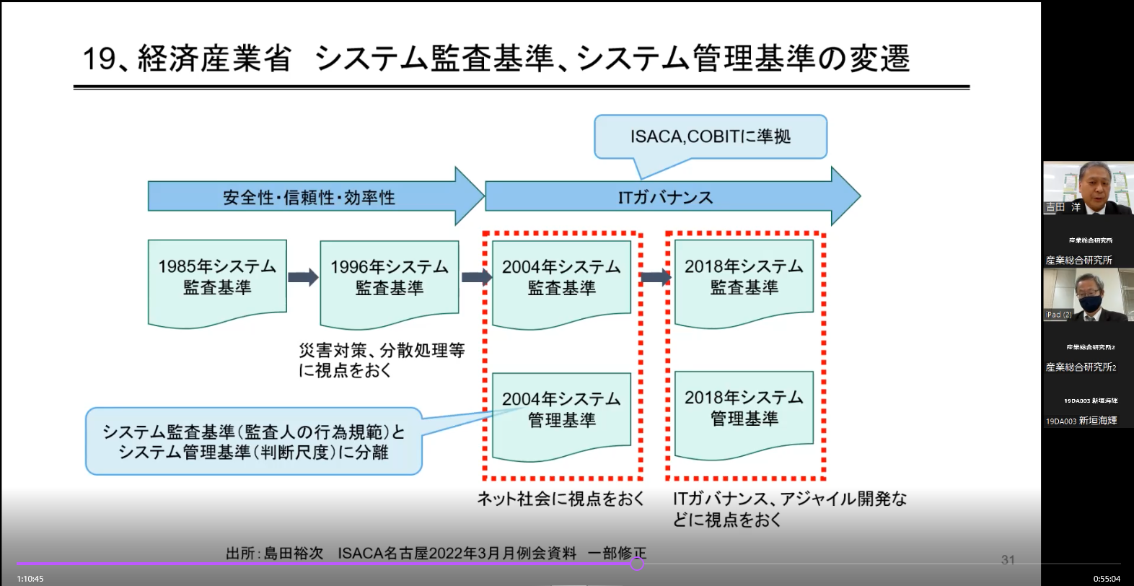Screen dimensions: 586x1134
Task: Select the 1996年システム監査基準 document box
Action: (x=390, y=281)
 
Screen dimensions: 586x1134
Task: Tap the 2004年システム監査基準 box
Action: (x=561, y=281)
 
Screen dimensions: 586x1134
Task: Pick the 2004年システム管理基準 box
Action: (x=561, y=412)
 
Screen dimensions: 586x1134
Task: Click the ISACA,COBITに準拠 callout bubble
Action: (x=711, y=136)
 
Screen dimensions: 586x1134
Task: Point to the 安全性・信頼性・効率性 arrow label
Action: (x=309, y=197)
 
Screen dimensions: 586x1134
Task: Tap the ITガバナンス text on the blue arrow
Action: (x=665, y=197)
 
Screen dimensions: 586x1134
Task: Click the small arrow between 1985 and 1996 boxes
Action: (x=303, y=277)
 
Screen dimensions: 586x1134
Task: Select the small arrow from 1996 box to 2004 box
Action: (x=476, y=277)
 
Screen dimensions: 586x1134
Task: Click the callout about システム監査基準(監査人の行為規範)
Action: (x=253, y=442)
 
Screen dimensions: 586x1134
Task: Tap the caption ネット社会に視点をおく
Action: (x=561, y=499)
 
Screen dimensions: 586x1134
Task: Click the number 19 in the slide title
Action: (x=99, y=58)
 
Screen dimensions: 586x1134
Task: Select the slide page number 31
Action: (x=1008, y=559)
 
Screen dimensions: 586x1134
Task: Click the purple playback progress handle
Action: (x=637, y=564)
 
